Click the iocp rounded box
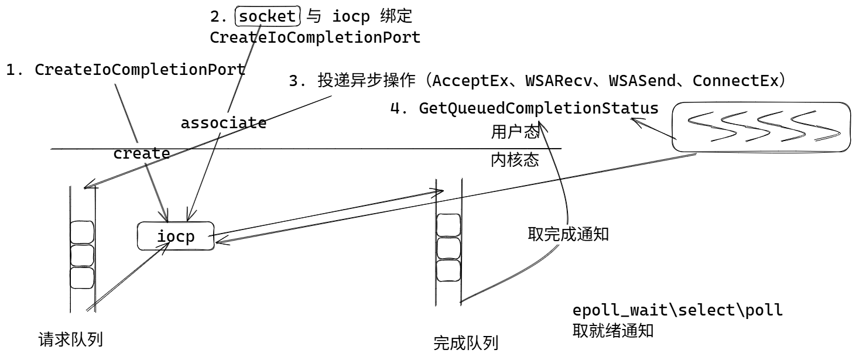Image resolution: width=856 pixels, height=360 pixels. (x=176, y=237)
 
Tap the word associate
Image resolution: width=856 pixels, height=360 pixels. (x=223, y=124)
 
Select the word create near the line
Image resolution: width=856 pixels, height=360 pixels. (x=141, y=154)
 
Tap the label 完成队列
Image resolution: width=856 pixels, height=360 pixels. (x=465, y=342)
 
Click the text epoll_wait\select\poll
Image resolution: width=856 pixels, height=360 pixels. (x=677, y=310)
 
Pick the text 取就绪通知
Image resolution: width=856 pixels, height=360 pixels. (x=612, y=331)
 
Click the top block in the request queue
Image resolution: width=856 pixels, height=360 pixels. (x=82, y=232)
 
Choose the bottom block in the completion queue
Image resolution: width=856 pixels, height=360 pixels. (x=448, y=270)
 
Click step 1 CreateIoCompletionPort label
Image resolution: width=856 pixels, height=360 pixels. (x=125, y=70)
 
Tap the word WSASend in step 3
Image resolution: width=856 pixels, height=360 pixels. (x=646, y=81)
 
